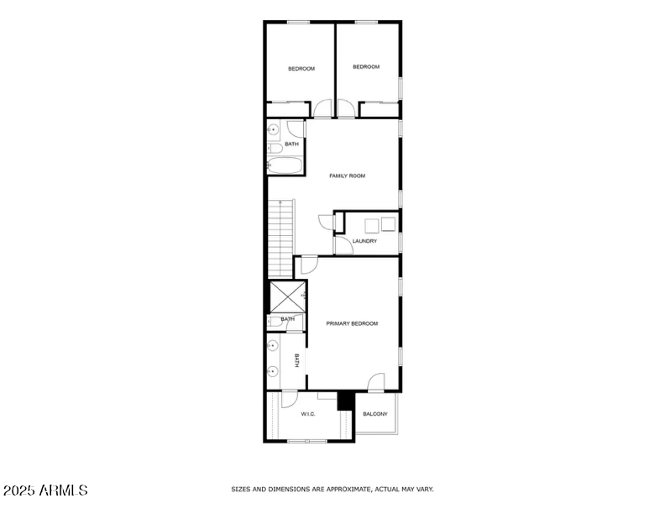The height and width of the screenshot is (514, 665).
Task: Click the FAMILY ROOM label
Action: pyautogui.click(x=347, y=176)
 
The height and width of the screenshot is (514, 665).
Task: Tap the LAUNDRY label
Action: pyautogui.click(x=364, y=241)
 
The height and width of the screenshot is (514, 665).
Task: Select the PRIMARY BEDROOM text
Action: pyautogui.click(x=352, y=323)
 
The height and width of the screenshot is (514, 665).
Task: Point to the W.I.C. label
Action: pyautogui.click(x=307, y=414)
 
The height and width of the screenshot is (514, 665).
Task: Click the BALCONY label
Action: pyautogui.click(x=374, y=414)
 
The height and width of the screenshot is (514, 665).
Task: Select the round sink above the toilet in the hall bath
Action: pyautogui.click(x=272, y=129)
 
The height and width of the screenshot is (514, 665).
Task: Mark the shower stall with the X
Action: pyautogui.click(x=286, y=296)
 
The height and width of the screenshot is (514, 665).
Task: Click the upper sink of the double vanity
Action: pyautogui.click(x=273, y=344)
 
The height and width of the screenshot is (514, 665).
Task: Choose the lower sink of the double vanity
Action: pyautogui.click(x=273, y=370)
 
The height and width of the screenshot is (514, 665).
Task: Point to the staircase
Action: pyautogui.click(x=280, y=239)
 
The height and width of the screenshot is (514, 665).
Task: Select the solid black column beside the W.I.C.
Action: pyautogui.click(x=343, y=401)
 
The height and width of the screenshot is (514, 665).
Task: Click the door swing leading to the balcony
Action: pyautogui.click(x=376, y=382)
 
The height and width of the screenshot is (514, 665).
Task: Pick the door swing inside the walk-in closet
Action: pyautogui.click(x=289, y=401)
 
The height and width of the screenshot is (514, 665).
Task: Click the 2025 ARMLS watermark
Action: pyautogui.click(x=45, y=490)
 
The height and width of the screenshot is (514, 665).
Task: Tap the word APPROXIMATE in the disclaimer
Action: pyautogui.click(x=343, y=489)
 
